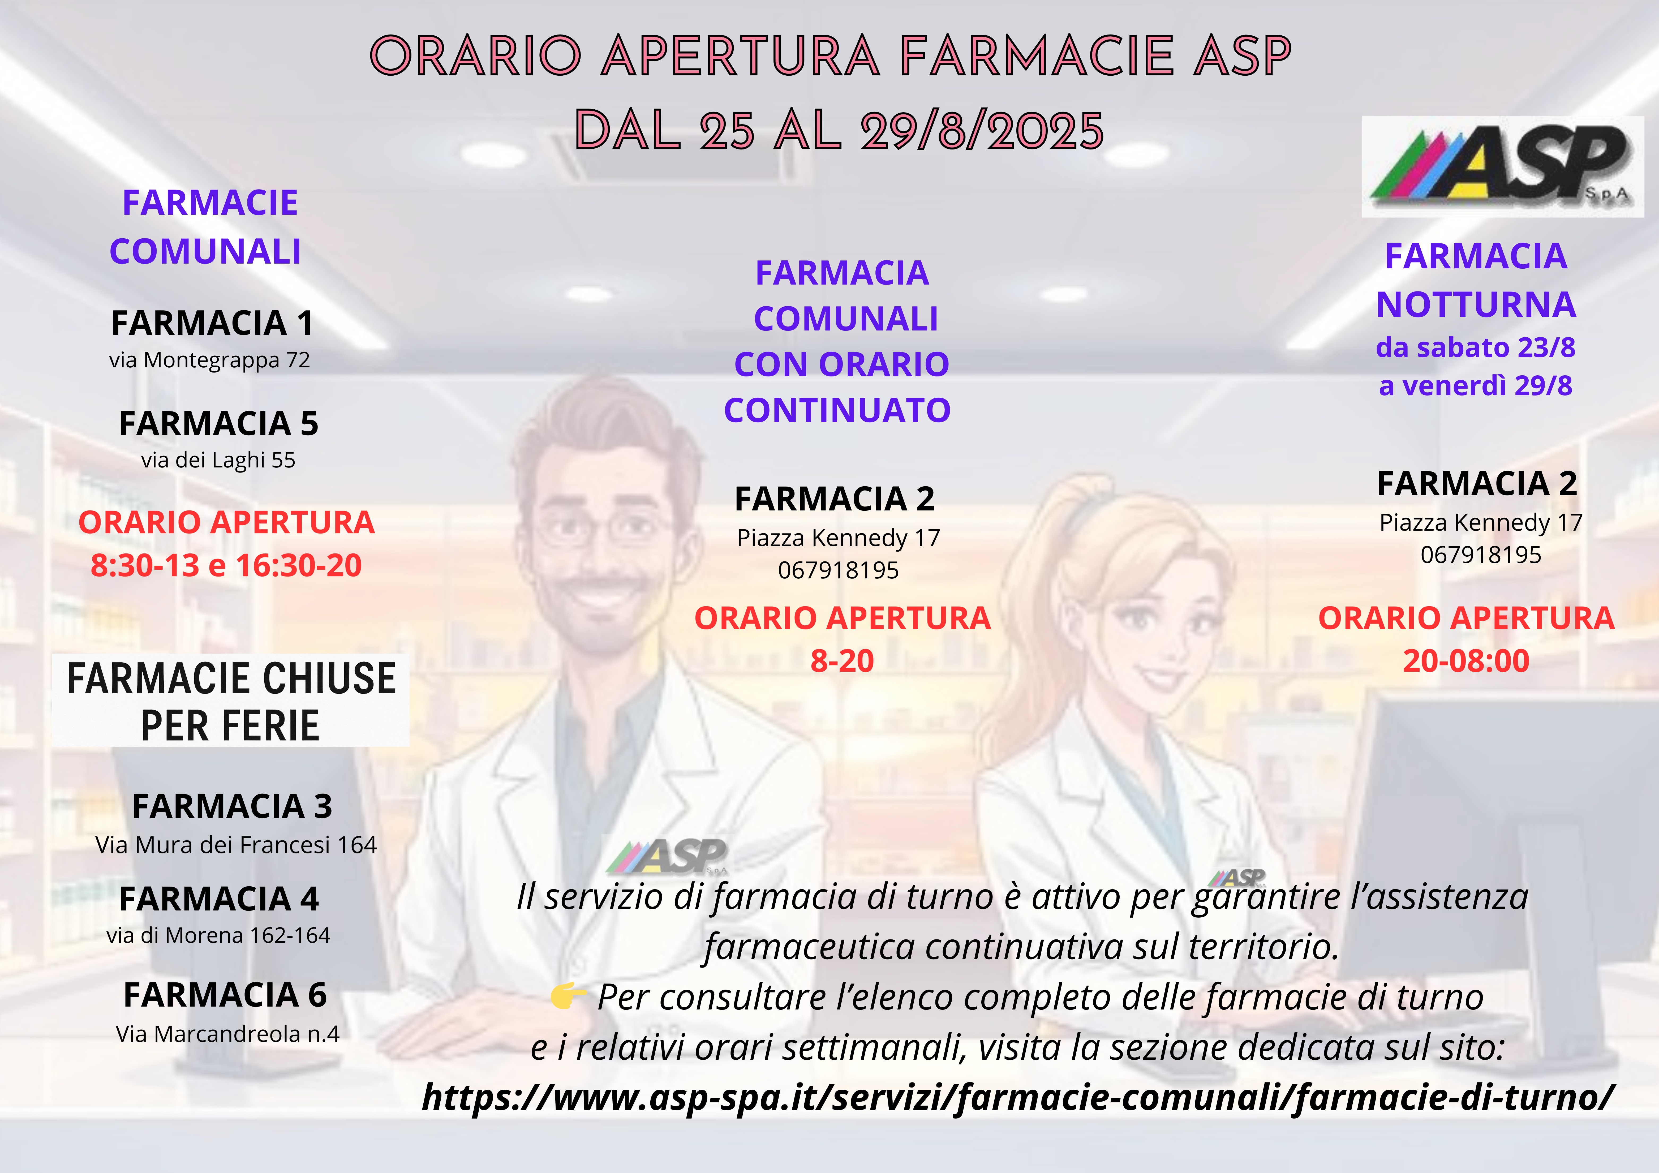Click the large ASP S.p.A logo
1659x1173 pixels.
(x=1503, y=166)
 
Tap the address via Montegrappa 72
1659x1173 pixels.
(x=209, y=360)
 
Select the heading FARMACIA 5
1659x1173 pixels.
(x=218, y=424)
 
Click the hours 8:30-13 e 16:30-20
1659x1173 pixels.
(x=226, y=565)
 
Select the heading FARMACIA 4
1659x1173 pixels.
(x=218, y=899)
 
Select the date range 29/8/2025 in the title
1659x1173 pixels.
(x=983, y=131)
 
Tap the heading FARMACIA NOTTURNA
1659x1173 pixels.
(x=1476, y=280)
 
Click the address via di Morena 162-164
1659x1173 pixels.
(x=218, y=935)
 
